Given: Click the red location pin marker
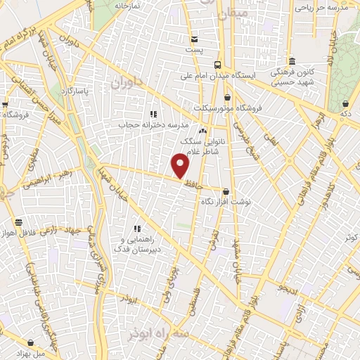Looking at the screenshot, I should click(181, 166).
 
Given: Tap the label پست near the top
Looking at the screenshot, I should click(194, 51).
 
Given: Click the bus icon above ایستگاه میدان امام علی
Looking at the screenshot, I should click(217, 62).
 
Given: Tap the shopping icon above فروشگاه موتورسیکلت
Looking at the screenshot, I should click(227, 98).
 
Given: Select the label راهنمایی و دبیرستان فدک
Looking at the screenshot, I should click(138, 243).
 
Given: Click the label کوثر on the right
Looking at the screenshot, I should click(350, 238).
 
